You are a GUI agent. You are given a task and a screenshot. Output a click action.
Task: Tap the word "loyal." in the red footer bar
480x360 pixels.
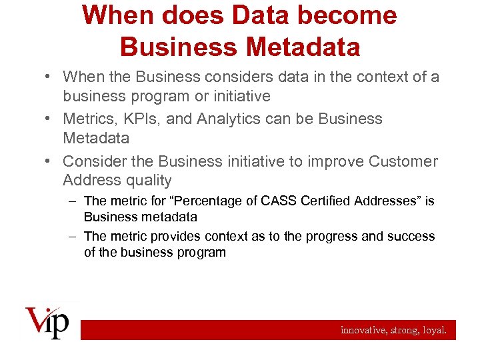438,329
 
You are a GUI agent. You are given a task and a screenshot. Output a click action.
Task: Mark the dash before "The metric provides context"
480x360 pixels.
73,237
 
